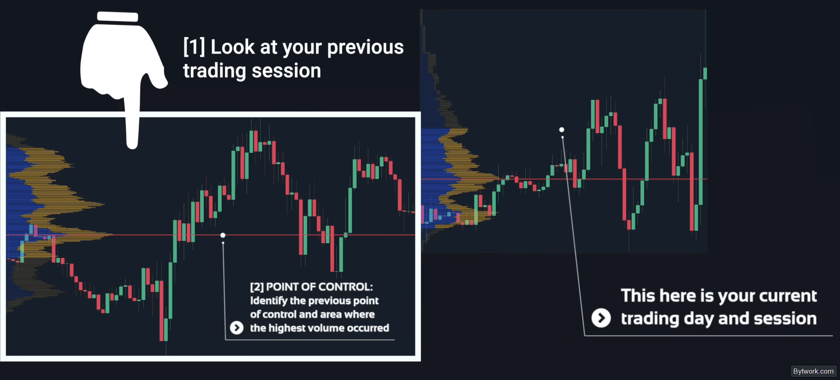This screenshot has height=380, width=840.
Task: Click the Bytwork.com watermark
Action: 813,371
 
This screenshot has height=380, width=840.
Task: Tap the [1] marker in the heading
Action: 194,47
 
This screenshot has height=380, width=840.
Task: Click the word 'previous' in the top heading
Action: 365,47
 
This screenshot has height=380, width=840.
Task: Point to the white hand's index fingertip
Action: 133,144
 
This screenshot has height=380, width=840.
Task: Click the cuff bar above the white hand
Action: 117,17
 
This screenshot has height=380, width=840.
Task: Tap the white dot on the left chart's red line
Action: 223,235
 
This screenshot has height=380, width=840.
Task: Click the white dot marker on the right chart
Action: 561,130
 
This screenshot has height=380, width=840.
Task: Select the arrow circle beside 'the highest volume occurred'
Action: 237,328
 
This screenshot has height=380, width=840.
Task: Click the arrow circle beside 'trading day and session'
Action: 601,318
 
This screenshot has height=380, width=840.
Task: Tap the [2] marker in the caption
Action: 257,287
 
